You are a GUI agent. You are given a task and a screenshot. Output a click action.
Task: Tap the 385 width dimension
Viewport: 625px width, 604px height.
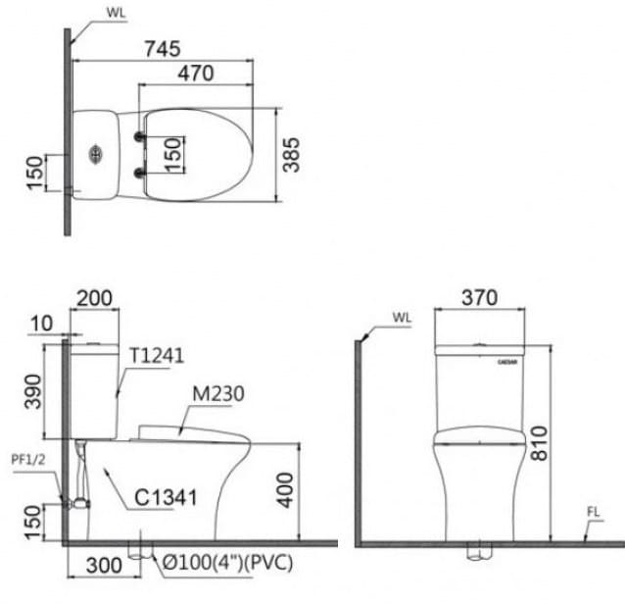click(x=291, y=155)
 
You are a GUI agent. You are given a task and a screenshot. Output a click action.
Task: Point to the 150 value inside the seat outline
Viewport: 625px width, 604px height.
click(x=172, y=155)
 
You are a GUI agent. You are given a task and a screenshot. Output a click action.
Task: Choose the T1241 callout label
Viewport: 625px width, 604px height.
click(x=156, y=355)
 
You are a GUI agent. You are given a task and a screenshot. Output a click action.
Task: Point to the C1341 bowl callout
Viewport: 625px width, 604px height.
click(x=167, y=498)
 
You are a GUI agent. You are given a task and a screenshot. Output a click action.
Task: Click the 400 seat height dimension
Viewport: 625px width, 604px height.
click(x=285, y=488)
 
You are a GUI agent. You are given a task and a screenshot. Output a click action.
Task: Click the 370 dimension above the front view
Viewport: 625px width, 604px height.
click(x=479, y=297)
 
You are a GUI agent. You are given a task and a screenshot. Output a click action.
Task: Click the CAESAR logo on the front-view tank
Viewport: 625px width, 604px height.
click(x=507, y=362)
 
